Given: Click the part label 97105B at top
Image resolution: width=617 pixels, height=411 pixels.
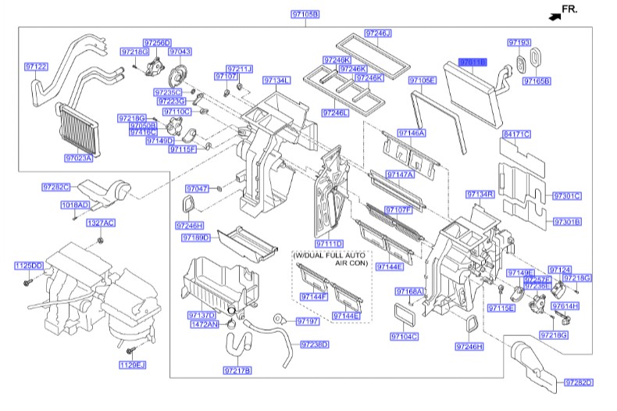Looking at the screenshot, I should coord(305,14).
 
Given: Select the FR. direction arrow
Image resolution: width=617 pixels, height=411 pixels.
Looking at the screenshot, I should coord(557,13).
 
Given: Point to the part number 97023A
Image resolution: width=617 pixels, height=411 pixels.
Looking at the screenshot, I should coord(79,158).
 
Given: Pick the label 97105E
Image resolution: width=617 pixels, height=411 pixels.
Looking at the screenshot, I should coord(423,80).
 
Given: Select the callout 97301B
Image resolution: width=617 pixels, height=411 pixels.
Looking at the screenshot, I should coord(567,222).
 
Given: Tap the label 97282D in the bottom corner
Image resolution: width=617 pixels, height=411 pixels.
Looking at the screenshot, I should coord(578,381).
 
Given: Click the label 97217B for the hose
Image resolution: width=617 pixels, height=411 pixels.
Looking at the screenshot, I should coord(237,370).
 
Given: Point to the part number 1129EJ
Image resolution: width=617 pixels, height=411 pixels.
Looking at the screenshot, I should coord(133,365).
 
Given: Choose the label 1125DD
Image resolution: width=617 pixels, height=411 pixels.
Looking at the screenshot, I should coord(28,266).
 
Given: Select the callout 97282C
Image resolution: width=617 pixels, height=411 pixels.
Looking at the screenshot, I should coord(56,187).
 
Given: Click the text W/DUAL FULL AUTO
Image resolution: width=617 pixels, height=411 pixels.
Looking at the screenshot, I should coord(328,256).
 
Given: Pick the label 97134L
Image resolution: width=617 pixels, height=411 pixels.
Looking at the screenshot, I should coord(276,80).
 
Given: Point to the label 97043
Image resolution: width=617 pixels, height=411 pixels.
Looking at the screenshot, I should coord(180,51).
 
